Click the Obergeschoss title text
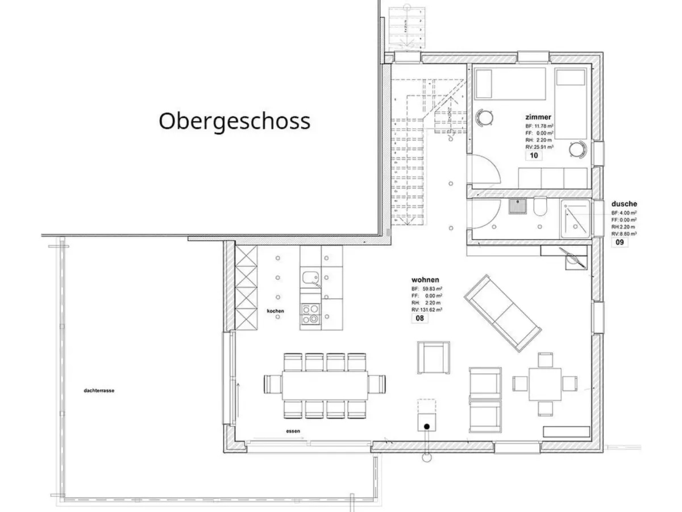234,121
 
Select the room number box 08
420,318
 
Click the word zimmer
538,117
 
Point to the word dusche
624,204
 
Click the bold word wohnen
425,280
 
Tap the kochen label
275,311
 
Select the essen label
293,432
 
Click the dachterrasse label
99,391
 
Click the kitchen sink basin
310,278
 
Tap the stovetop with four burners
310,314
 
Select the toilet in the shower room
540,208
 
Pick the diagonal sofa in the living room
502,312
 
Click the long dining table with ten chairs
325,385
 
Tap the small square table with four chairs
545,384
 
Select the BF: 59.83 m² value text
427,289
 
